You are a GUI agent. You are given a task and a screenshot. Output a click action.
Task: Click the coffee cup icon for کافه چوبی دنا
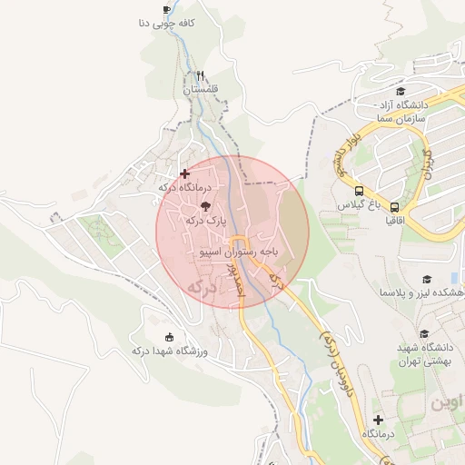[x=166, y=10]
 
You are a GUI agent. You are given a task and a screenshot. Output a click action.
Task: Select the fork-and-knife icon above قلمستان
[x=200, y=76]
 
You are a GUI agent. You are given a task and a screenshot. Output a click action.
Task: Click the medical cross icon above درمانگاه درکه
[x=185, y=173]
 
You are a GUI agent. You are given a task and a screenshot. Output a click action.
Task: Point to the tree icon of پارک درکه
[x=203, y=206]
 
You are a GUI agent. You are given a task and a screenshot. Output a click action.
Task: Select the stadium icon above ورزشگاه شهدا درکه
[x=170, y=336]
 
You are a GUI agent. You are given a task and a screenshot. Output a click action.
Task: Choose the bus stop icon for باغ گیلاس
[x=360, y=192]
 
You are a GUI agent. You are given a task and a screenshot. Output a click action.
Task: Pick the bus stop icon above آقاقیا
[x=394, y=206]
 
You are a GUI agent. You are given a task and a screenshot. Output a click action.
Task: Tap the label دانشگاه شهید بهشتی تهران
[x=425, y=355]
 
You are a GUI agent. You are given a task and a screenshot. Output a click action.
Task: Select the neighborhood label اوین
[x=447, y=401]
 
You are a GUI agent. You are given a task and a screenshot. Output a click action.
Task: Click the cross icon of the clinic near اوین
[x=379, y=420]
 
